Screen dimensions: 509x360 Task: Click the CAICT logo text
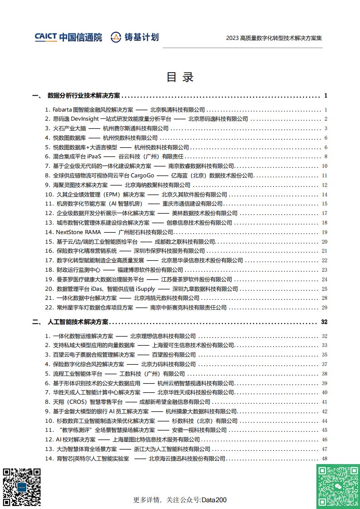(x=45, y=37)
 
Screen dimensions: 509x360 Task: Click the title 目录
(x=180, y=77)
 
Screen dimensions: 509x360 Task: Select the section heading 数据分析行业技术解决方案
(x=84, y=96)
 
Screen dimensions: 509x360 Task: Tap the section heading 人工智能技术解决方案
(x=78, y=322)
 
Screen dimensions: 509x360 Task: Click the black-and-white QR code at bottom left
(x=21, y=486)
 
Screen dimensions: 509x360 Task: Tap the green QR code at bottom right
(x=336, y=486)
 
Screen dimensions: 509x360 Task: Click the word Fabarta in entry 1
(x=62, y=110)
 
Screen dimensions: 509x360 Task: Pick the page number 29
(x=324, y=308)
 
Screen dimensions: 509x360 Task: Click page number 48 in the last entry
(x=324, y=459)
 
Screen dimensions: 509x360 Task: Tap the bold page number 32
(x=324, y=322)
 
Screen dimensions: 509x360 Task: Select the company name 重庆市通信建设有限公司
(x=192, y=204)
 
